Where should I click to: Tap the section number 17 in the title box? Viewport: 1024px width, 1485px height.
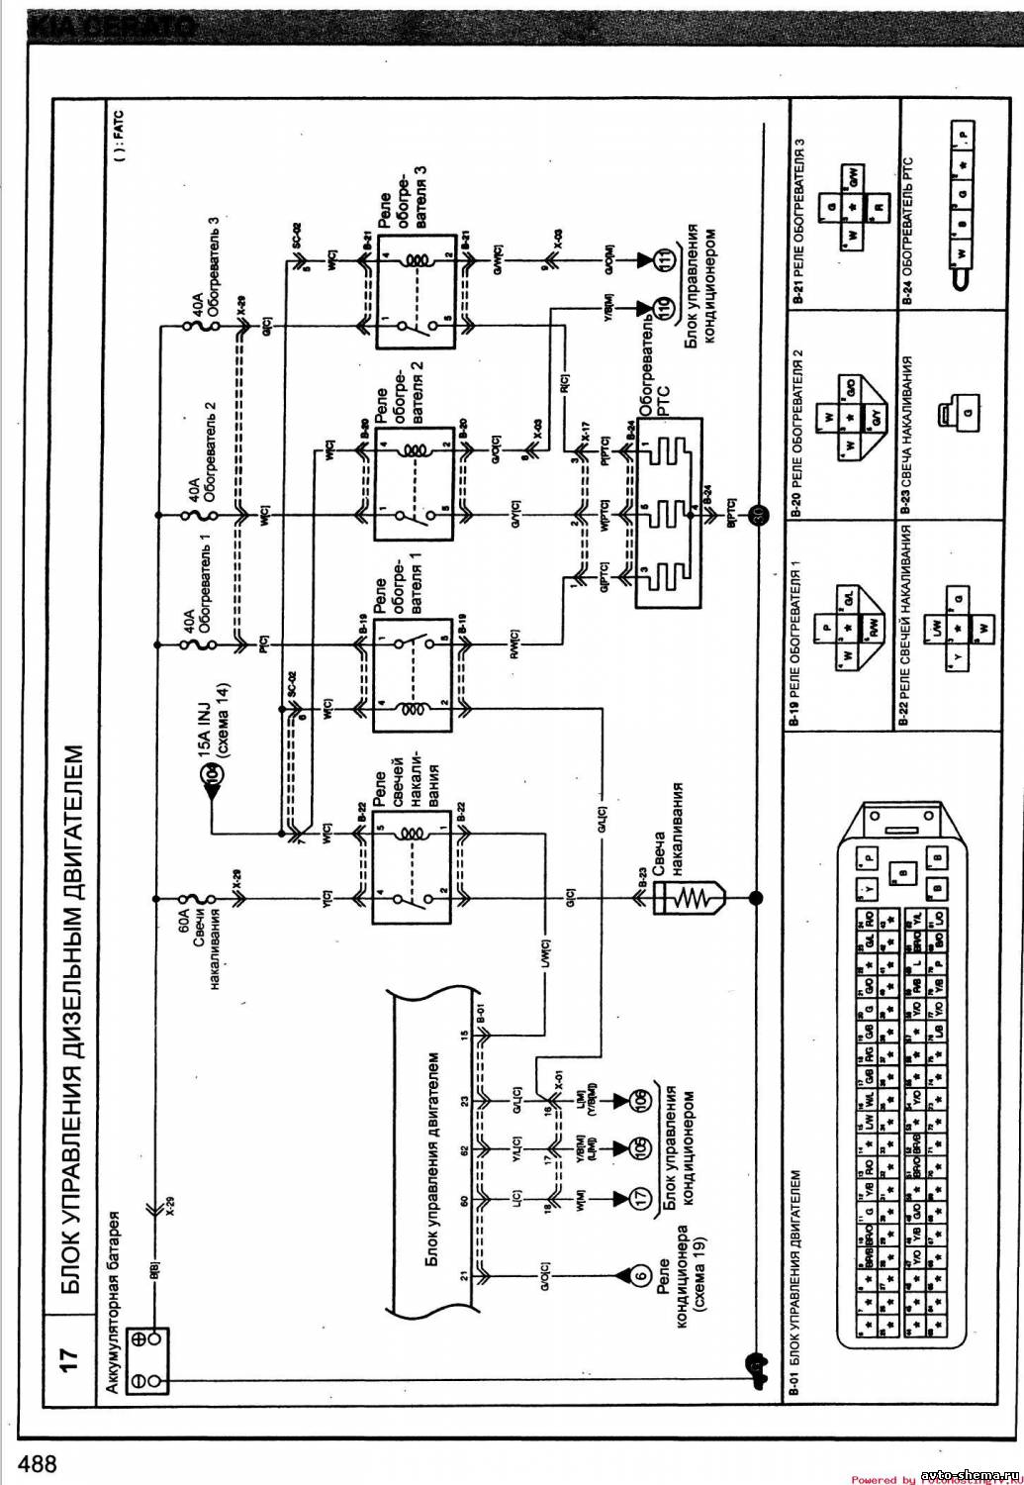(68, 1359)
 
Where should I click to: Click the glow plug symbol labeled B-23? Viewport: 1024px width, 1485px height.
(687, 899)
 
